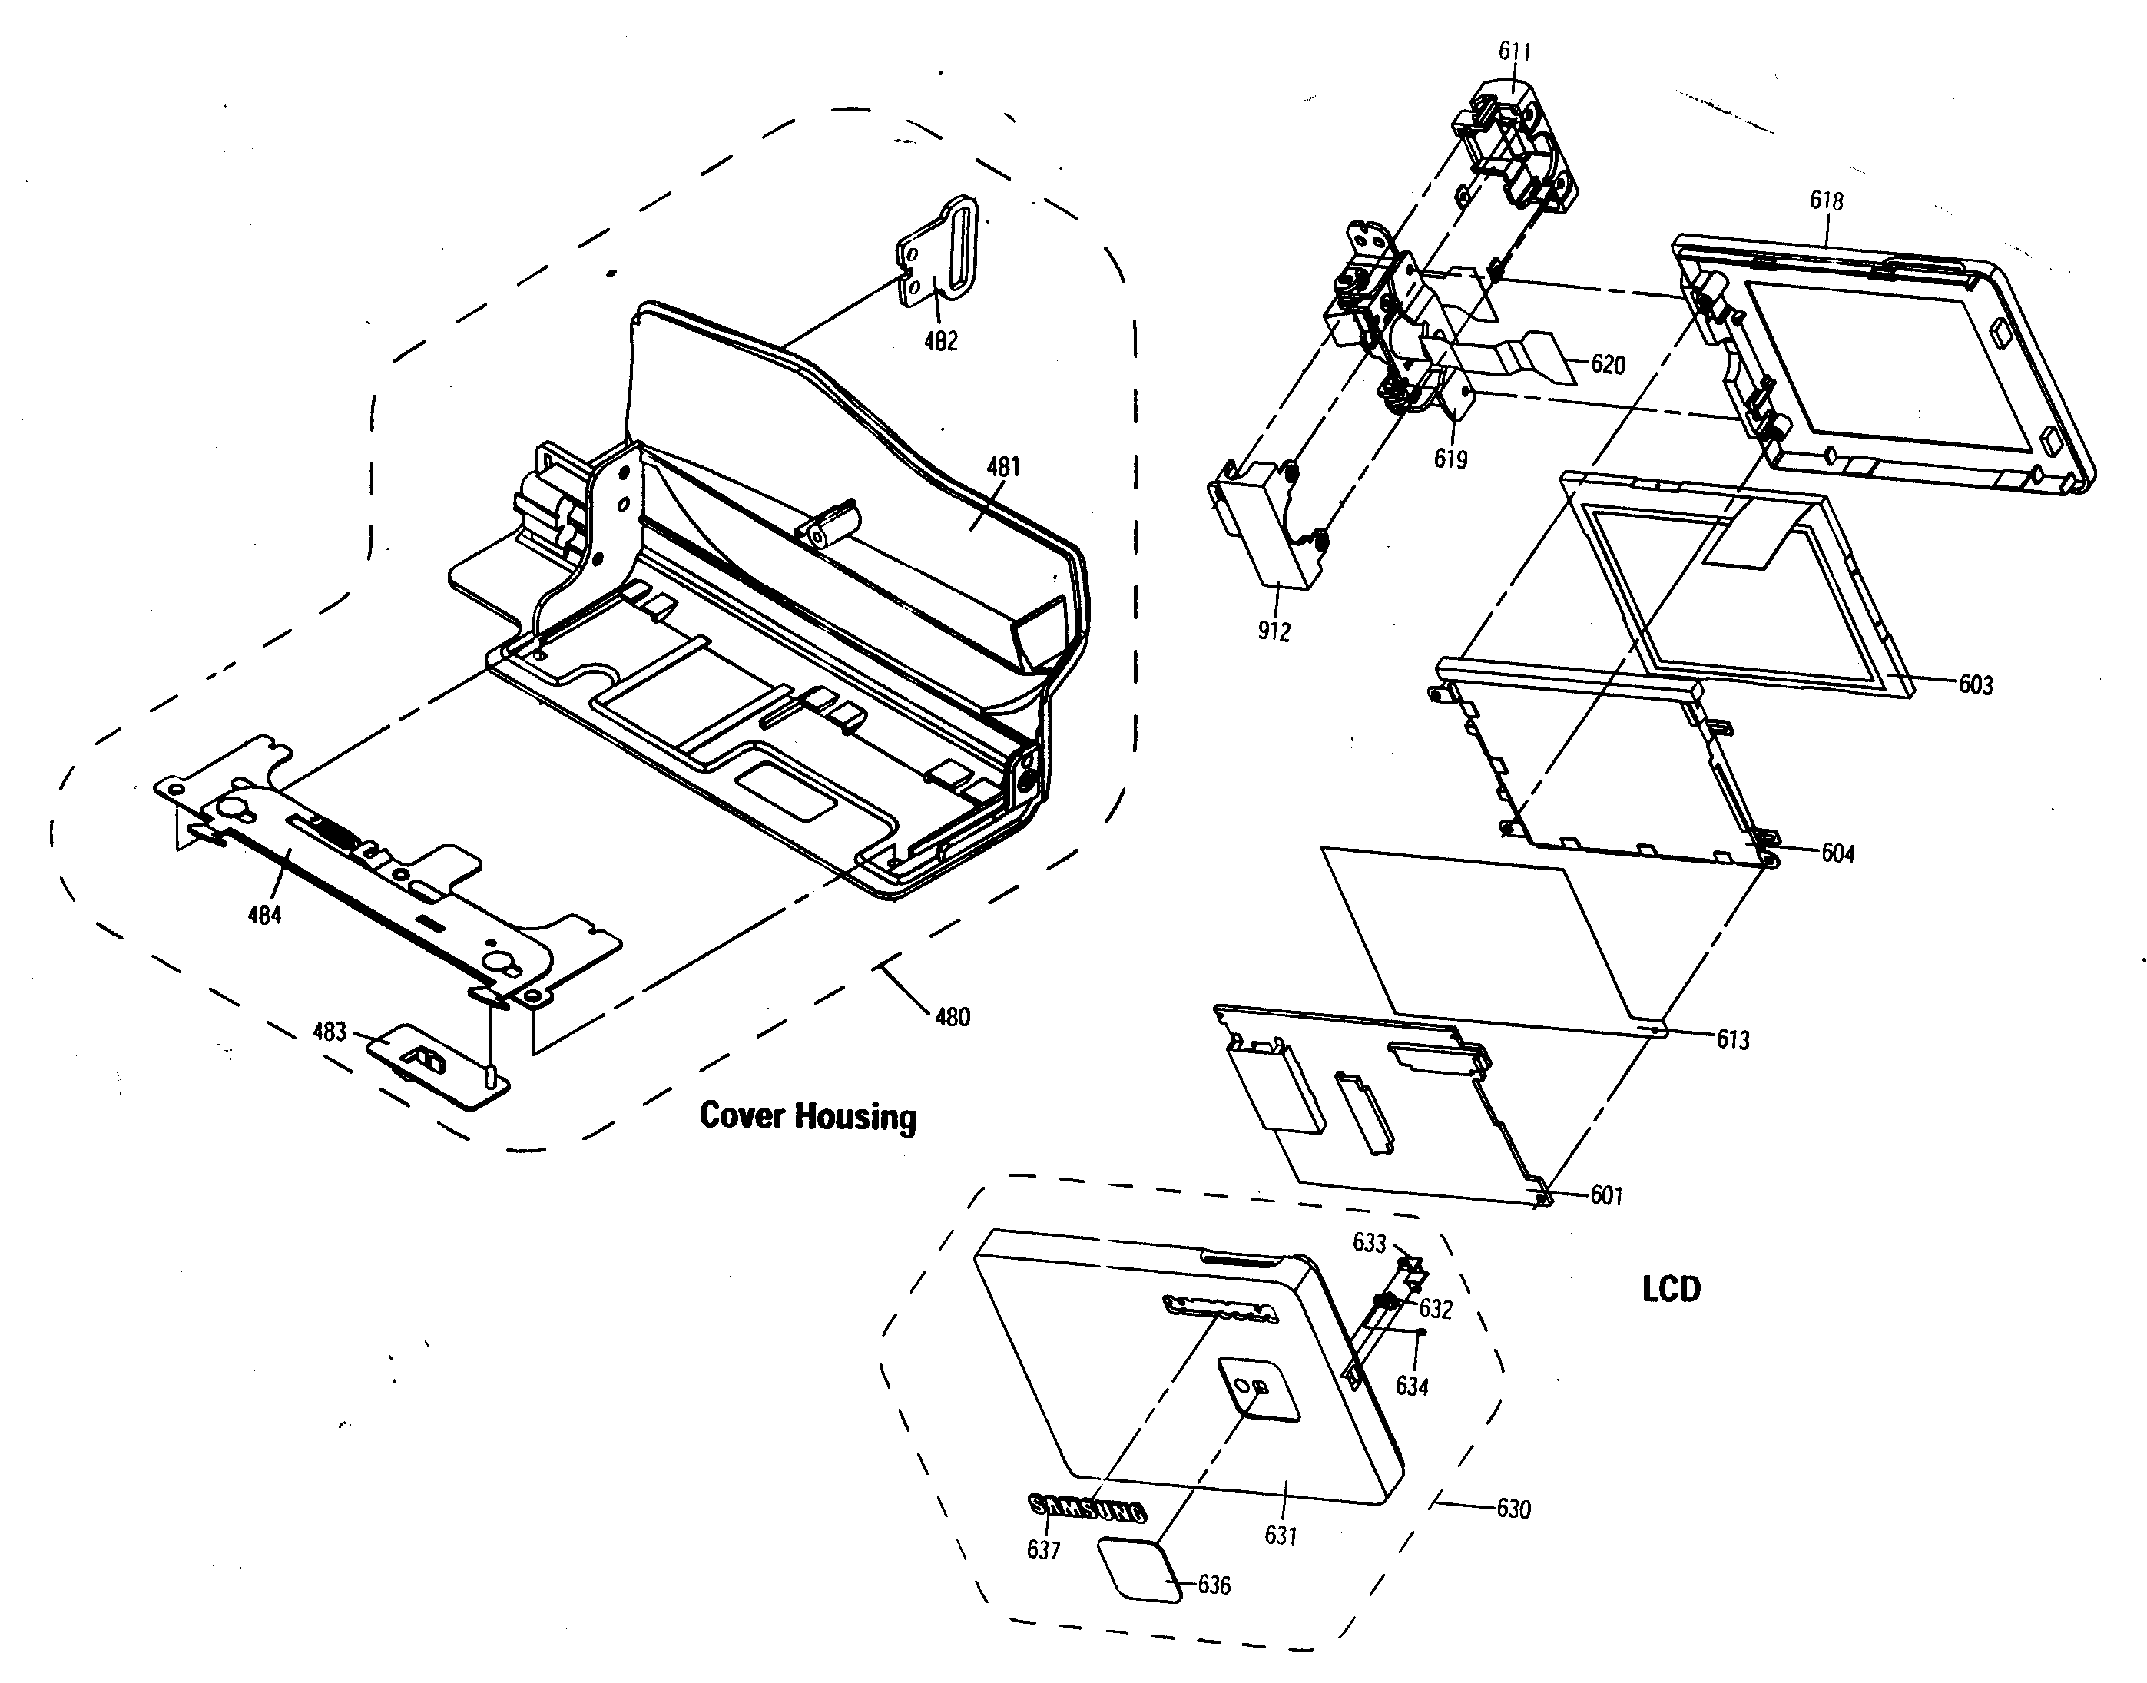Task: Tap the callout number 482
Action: coord(940,341)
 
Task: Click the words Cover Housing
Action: coord(807,1116)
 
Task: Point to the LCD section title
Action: coord(1671,1289)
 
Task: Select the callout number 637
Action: coord(1043,1550)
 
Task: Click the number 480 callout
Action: coord(952,1017)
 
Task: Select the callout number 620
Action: coord(1608,365)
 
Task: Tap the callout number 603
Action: coord(1976,685)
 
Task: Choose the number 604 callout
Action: coord(1837,853)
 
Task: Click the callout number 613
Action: coord(1732,1039)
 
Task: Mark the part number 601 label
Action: coord(1606,1196)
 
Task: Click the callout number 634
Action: coord(1411,1386)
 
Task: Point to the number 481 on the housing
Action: coord(1003,467)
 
